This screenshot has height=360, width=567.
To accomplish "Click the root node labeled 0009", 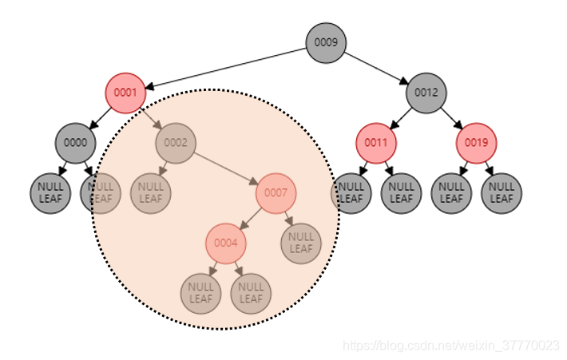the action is click(326, 42).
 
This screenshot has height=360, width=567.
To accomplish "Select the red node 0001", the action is click(125, 93).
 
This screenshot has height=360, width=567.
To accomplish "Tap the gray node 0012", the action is click(426, 93).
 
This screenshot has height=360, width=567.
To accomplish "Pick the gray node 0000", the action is click(75, 144).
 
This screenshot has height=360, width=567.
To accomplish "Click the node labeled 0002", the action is click(176, 144).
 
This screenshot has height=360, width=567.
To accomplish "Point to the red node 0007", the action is click(276, 193).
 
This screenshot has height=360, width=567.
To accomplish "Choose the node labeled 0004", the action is click(226, 243).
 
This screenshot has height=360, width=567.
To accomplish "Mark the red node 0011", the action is click(376, 144).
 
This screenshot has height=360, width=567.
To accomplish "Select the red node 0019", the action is click(477, 144).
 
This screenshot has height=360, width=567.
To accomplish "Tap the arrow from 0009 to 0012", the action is click(376, 68).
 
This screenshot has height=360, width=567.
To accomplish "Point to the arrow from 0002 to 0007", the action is click(226, 168).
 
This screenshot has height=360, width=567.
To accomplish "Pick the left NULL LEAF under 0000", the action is click(50, 193).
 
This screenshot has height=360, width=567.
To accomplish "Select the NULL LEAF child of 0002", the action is click(150, 193).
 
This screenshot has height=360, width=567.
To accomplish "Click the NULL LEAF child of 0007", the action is click(301, 243).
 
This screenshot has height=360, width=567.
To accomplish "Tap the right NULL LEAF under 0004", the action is click(251, 294).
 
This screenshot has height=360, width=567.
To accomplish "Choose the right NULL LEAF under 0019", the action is click(502, 193).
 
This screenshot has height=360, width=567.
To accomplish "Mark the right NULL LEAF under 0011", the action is click(401, 193).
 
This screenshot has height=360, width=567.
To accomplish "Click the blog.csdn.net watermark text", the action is click(450, 346).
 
